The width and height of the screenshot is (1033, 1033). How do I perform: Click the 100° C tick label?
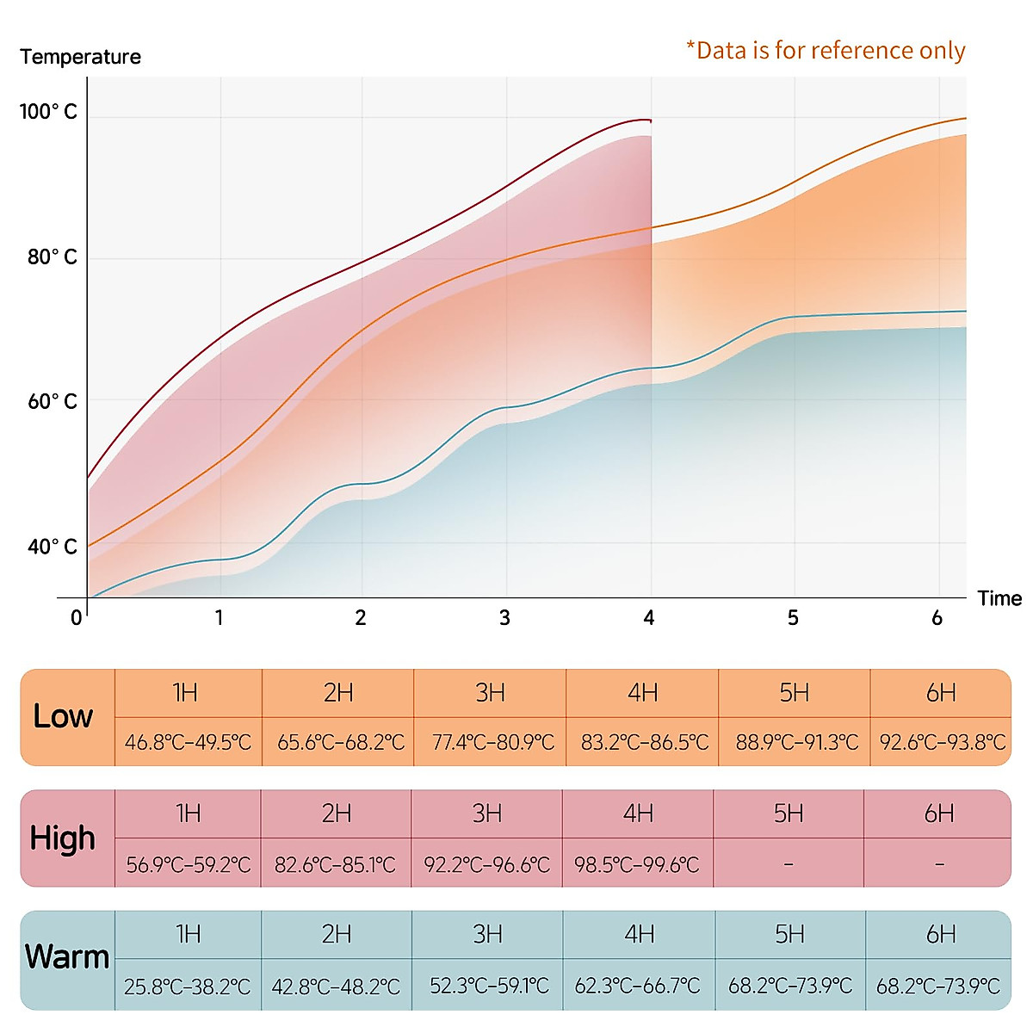(48, 112)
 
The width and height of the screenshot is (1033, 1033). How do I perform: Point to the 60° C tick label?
(53, 402)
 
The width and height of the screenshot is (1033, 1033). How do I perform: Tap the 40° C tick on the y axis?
(53, 547)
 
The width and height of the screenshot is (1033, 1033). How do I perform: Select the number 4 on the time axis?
(649, 618)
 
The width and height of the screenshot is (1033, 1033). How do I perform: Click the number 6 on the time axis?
(937, 618)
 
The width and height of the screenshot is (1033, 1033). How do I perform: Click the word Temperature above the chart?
(80, 57)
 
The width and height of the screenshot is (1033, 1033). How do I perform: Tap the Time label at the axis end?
(999, 598)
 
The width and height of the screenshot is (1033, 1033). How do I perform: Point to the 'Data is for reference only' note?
(826, 51)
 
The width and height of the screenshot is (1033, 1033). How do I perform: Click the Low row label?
(63, 716)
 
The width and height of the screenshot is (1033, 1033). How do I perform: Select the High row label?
(62, 838)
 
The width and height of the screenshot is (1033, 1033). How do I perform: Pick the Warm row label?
(67, 957)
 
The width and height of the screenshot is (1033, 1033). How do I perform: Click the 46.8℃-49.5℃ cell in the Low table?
(188, 742)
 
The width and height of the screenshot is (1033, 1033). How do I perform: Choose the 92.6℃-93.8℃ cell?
(943, 742)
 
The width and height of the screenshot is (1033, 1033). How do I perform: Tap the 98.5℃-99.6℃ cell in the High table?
(637, 864)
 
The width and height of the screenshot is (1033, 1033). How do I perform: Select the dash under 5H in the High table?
(789, 864)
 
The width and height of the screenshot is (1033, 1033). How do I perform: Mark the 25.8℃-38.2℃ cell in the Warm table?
(187, 987)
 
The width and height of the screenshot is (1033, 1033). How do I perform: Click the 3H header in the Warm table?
(487, 934)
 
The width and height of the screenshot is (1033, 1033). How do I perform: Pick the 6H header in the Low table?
(941, 693)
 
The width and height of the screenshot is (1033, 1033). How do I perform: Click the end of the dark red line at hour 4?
(651, 121)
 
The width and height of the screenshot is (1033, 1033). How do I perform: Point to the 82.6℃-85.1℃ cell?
(336, 864)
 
